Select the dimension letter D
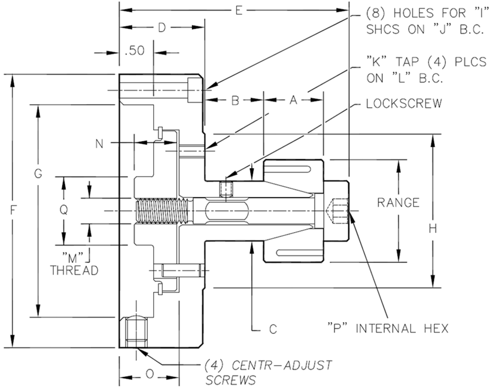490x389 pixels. [x=161, y=28]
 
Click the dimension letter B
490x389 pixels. [x=235, y=101]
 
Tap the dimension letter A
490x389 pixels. [x=293, y=101]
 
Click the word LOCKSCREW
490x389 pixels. [x=404, y=103]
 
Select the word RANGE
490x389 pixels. [x=398, y=202]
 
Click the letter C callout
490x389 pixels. [x=272, y=329]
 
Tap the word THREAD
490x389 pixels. [x=74, y=270]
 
